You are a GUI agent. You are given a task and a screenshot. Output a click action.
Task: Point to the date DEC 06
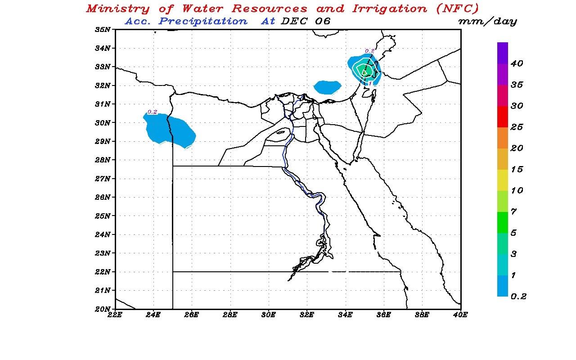[x=305, y=21]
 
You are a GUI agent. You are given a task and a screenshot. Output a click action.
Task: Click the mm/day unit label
[x=487, y=21]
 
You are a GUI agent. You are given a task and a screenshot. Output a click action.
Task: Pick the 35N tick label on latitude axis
[x=103, y=30]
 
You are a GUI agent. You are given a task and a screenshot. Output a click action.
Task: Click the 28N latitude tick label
[x=103, y=160]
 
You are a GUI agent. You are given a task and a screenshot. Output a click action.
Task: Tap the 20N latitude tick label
[x=103, y=309]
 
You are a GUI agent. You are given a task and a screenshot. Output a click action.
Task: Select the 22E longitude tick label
[x=115, y=315]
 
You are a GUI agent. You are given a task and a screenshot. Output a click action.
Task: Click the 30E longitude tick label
[x=269, y=315]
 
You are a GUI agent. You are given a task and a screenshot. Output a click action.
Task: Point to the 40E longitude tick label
[x=460, y=315]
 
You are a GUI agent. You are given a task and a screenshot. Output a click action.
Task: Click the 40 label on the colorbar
[x=517, y=64]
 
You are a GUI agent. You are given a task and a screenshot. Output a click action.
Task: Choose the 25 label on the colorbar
[x=517, y=127]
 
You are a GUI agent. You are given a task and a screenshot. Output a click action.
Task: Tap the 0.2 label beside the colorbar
[x=518, y=296]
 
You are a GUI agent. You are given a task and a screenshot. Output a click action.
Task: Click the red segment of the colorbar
[x=503, y=117]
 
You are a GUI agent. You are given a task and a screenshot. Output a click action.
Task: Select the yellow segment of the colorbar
[x=503, y=180]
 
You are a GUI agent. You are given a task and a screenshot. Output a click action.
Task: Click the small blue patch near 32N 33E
[x=327, y=87]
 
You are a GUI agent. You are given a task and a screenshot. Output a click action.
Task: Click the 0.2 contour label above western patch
[x=153, y=112]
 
